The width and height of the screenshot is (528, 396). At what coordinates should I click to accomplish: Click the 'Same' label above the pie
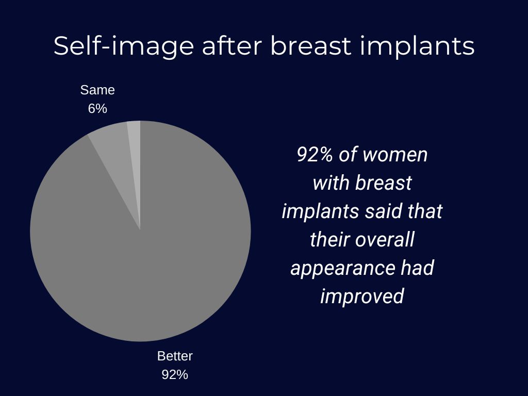point(97,90)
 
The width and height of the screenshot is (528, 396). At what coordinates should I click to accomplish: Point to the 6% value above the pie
point(97,109)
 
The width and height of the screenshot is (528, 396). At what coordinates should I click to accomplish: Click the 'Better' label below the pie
point(175,356)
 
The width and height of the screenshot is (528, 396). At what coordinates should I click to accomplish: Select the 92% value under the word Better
point(175,375)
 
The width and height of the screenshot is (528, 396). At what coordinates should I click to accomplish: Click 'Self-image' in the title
point(124,46)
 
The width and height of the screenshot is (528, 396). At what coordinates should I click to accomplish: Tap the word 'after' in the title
point(232,45)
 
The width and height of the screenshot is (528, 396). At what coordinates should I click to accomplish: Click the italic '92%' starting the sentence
point(315,155)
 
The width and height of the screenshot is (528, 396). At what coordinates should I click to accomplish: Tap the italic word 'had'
point(418,268)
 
